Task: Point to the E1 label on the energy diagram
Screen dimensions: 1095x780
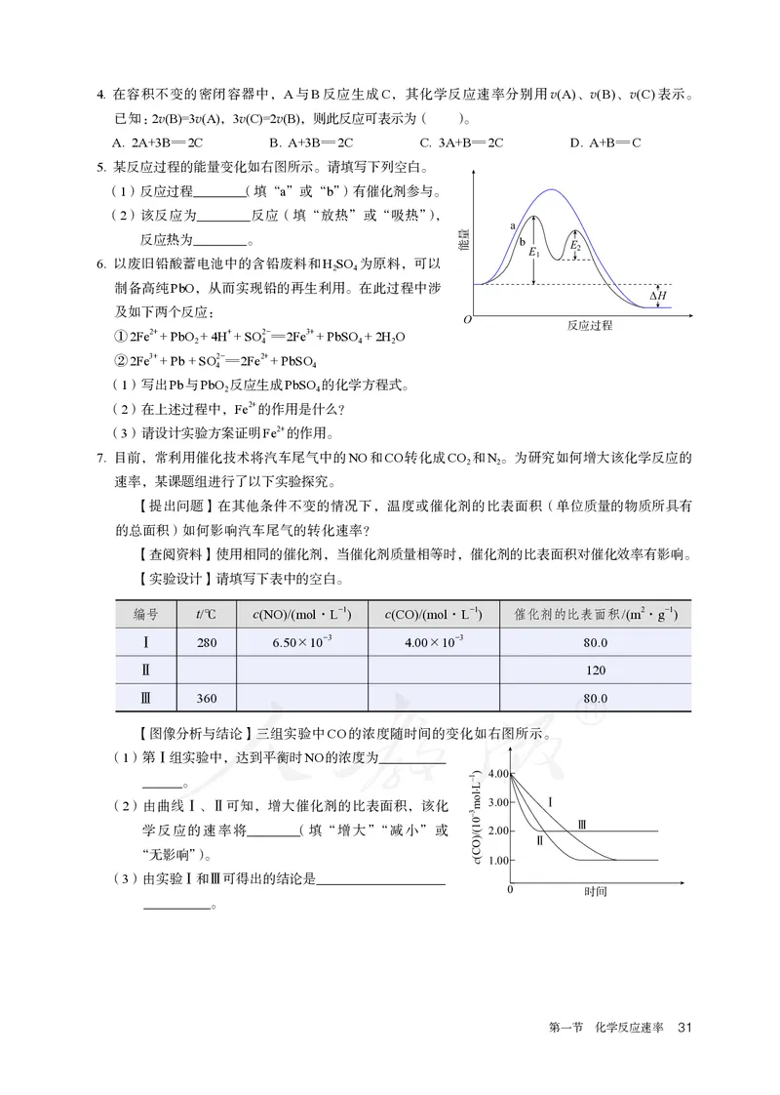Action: point(533,252)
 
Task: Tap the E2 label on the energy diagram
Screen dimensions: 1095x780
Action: point(576,246)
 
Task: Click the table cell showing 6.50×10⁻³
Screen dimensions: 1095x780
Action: point(302,642)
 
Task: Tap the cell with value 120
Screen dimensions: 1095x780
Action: point(595,670)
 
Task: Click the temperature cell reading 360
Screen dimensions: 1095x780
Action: point(206,699)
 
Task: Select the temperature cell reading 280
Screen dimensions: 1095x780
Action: point(206,642)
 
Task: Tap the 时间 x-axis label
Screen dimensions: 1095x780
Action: point(596,891)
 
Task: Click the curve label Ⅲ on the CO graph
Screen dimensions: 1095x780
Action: point(582,825)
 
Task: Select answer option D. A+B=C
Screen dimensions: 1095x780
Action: point(605,142)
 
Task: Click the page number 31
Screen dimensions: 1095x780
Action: point(683,1027)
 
